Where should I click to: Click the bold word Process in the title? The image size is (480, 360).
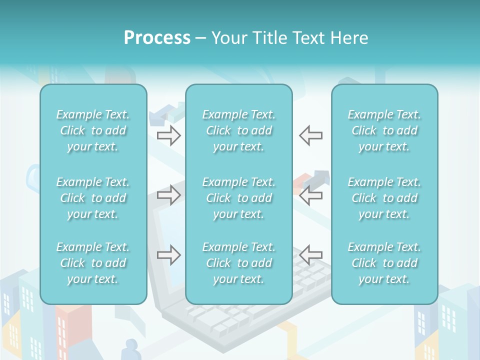pyautogui.click(x=157, y=38)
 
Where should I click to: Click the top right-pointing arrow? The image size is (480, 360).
pyautogui.click(x=169, y=135)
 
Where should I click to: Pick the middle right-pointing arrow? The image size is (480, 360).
pyautogui.click(x=169, y=195)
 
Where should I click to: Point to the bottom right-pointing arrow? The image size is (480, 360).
pyautogui.click(x=169, y=255)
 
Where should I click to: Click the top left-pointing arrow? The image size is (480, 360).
pyautogui.click(x=310, y=135)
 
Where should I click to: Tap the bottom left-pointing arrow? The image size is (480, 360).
pyautogui.click(x=310, y=255)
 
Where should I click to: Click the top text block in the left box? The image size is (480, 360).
pyautogui.click(x=93, y=130)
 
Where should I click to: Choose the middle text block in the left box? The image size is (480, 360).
pyautogui.click(x=93, y=198)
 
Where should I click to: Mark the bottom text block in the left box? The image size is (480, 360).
pyautogui.click(x=93, y=263)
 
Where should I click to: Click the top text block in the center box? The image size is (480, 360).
pyautogui.click(x=238, y=130)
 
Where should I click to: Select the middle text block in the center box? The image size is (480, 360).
pyautogui.click(x=238, y=198)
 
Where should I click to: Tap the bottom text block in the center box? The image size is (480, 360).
pyautogui.click(x=238, y=263)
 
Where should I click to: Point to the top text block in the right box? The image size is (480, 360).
pyautogui.click(x=384, y=130)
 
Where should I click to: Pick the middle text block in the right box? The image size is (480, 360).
pyautogui.click(x=384, y=198)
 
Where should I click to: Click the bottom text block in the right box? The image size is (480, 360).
pyautogui.click(x=384, y=263)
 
